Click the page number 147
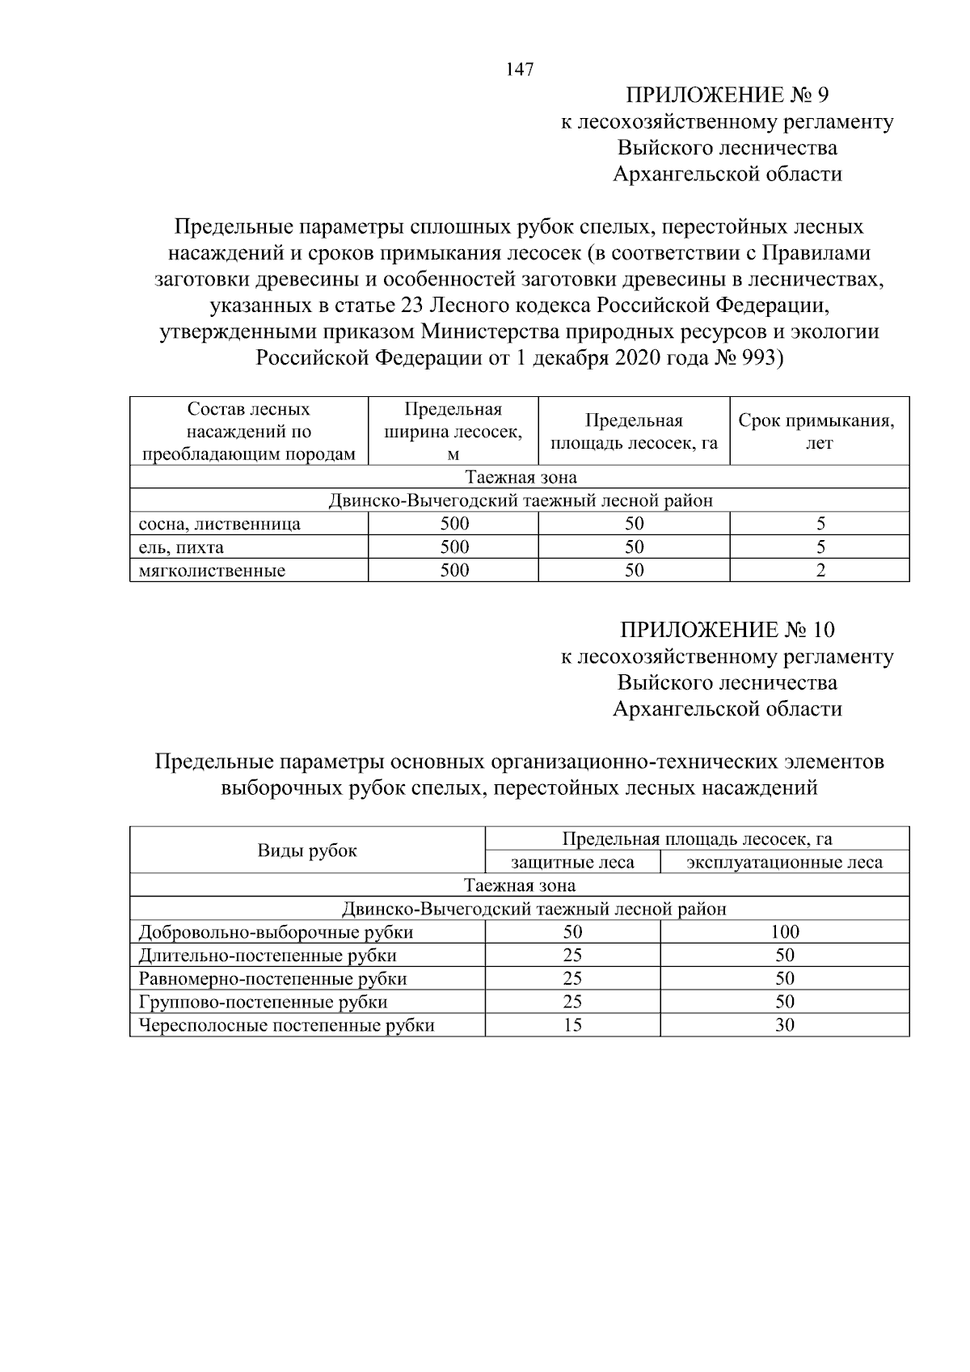pos(520,70)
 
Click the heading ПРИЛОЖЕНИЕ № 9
pos(727,95)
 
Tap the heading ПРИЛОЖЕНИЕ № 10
pos(727,630)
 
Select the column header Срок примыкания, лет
pos(819,432)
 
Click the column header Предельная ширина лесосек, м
pos(453,432)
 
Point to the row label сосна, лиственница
pos(220,524)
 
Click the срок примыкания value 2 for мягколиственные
pos(820,571)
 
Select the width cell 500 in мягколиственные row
pos(454,571)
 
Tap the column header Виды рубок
pos(307,851)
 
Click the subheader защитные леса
pos(572,863)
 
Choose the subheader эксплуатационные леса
pos(784,863)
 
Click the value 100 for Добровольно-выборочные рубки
pos(784,932)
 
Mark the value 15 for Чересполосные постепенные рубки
pos(572,1026)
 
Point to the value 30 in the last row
pos(784,1026)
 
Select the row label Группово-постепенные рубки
pos(263,1003)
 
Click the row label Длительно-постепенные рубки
pos(268,956)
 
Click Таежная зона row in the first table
pos(520,477)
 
